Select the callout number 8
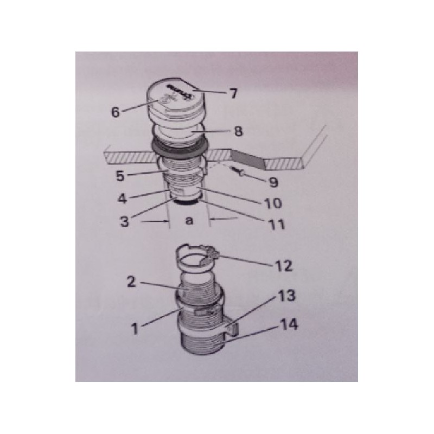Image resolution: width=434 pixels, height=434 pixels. (238, 131)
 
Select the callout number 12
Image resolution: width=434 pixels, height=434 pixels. (284, 266)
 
